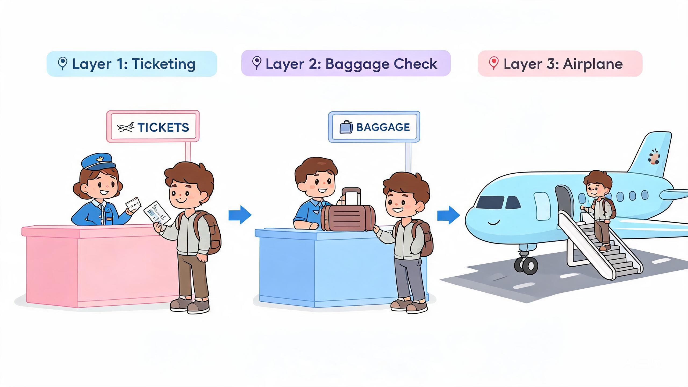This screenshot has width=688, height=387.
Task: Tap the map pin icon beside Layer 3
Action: (493, 64)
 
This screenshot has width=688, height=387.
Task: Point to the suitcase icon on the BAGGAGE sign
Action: (346, 127)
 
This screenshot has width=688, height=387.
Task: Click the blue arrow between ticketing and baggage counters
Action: (240, 215)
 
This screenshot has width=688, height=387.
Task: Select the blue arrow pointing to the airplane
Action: (448, 215)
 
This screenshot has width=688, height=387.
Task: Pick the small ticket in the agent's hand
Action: (133, 204)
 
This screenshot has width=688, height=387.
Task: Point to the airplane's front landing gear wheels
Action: (526, 265)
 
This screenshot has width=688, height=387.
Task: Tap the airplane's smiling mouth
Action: (494, 223)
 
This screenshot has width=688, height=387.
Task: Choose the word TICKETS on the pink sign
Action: (163, 127)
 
